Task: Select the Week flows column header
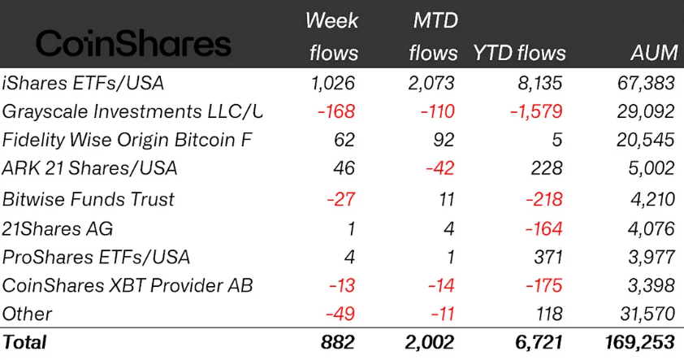click(332, 37)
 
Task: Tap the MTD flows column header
click(434, 37)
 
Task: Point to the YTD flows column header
click(519, 54)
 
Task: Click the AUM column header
click(654, 54)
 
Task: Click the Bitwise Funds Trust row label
click(89, 199)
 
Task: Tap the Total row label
click(25, 342)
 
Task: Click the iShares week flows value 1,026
click(333, 82)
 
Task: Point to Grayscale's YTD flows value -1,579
click(535, 111)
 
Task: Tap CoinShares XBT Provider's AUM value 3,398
click(650, 285)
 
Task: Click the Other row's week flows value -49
click(341, 314)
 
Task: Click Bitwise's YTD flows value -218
click(543, 199)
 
